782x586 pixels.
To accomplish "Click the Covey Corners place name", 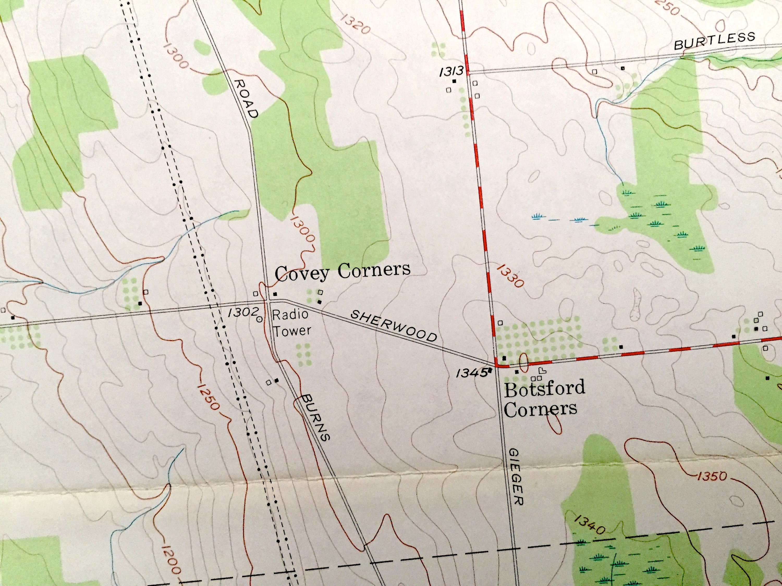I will point(342,272).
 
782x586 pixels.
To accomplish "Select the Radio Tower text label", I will point(292,322).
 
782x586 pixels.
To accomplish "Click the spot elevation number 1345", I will point(472,373).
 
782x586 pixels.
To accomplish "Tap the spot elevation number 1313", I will point(451,72).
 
